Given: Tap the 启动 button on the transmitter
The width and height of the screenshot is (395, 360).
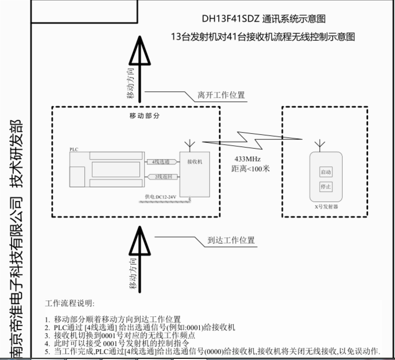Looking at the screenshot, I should (326, 172).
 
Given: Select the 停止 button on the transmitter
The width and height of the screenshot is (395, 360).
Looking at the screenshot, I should (326, 187).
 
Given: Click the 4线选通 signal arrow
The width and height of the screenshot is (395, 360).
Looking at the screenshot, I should (161, 162).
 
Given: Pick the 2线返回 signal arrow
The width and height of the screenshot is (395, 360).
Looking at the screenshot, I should (161, 177).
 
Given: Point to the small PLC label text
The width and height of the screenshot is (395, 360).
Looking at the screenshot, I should (73, 149).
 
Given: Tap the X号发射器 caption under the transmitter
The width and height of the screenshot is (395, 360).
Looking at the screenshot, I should (326, 204).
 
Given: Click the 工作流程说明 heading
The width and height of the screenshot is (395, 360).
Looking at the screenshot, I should (73, 303).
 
